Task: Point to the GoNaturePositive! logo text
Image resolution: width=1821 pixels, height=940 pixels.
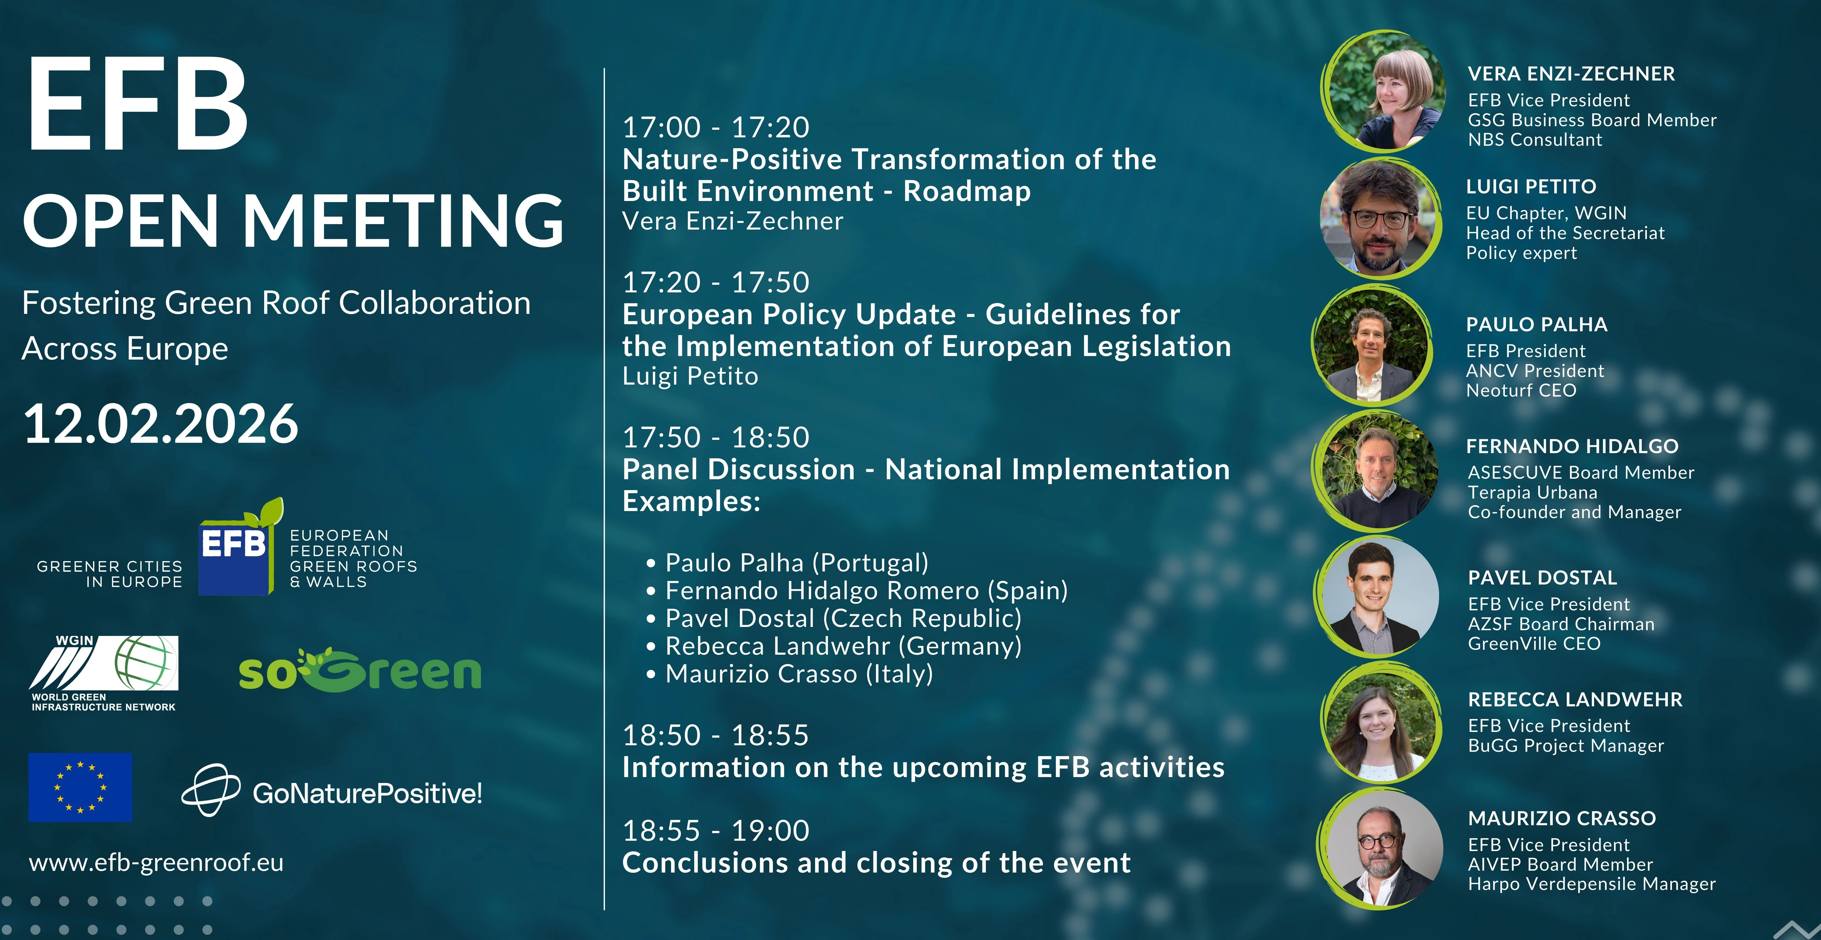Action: tap(368, 793)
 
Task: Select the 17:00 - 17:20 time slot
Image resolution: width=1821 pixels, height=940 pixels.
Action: tap(715, 127)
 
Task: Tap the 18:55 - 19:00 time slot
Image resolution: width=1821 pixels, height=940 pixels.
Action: tap(715, 830)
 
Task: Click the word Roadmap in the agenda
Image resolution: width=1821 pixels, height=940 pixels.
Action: tap(967, 191)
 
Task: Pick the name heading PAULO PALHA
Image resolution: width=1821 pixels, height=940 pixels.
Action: tap(1537, 324)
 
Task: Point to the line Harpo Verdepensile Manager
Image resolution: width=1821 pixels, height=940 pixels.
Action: tap(1592, 884)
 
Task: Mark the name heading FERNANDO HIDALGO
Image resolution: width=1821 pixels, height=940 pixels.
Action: tap(1572, 446)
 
